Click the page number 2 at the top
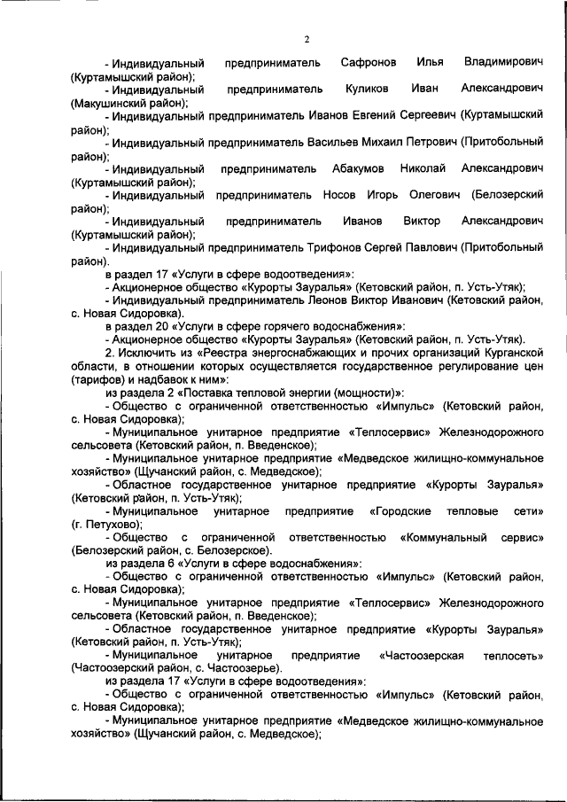(307, 39)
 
